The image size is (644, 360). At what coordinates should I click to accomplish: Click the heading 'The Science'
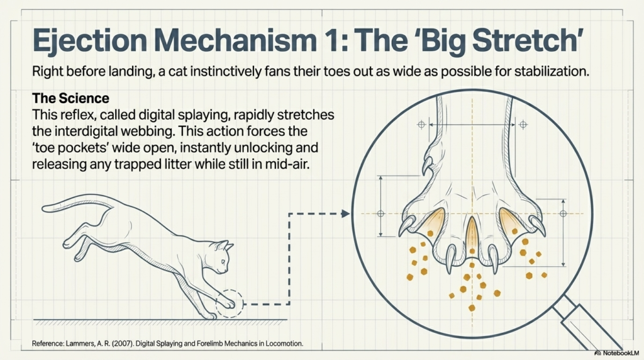pos(70,98)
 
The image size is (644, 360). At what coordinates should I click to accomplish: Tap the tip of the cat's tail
pos(43,209)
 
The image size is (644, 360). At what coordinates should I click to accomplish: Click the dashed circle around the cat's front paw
pos(230,290)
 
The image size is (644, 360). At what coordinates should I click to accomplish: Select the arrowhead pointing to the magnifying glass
pos(345,214)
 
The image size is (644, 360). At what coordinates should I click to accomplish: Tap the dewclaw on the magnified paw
pos(427,166)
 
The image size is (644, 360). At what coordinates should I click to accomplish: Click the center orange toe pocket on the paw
pos(472,233)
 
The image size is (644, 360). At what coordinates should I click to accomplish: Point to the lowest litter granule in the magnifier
pos(472,308)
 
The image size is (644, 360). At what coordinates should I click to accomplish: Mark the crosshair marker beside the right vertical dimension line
pos(563,214)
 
